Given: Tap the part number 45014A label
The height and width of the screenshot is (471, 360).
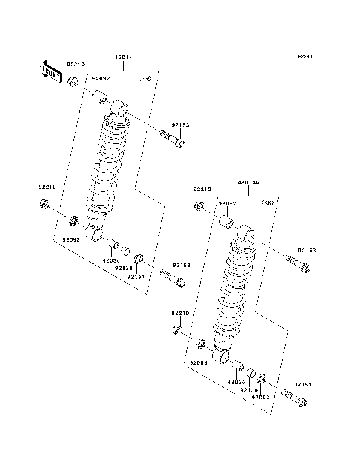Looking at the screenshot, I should point(249,182).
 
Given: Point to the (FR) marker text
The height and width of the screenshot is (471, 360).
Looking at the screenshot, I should point(145,78).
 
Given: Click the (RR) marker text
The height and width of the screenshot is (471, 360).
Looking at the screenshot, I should point(268,203).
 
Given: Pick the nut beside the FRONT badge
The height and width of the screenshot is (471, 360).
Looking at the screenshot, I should point(73,80).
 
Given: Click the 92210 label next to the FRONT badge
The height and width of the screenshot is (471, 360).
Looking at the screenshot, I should point(77,64).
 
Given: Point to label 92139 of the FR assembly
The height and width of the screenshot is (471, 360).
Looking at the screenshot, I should point(124,268).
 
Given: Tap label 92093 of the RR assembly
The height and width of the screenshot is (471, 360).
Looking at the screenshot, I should point(260,397).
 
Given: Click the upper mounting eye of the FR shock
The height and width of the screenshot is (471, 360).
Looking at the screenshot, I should point(120,112).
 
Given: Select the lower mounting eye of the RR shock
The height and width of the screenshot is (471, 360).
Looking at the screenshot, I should point(222,355).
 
